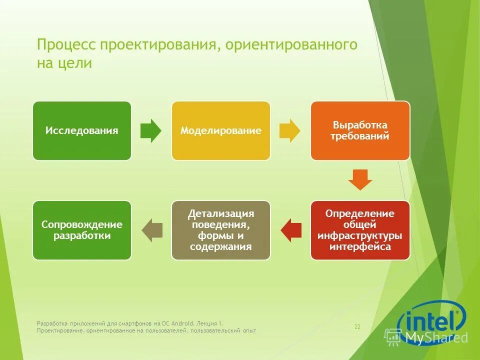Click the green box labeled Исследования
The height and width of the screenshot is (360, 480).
82,131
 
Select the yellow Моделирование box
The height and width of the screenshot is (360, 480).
220,131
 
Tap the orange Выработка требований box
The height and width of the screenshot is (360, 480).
360,131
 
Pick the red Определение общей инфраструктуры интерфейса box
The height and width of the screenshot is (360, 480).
360,230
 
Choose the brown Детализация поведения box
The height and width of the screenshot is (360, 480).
220,230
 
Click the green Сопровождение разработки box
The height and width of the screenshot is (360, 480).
82,230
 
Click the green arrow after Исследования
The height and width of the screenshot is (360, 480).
150,131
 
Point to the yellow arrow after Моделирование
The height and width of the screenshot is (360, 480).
289,131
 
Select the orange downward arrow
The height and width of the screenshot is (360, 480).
360,179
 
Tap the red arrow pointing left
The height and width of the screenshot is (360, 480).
291,230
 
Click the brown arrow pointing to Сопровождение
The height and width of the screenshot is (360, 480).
152,230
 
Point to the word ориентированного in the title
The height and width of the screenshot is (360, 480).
291,45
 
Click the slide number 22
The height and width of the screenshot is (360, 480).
357,327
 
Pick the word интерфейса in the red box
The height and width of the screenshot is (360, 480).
360,247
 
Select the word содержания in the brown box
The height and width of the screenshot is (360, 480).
220,247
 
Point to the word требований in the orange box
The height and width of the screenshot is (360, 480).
360,136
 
